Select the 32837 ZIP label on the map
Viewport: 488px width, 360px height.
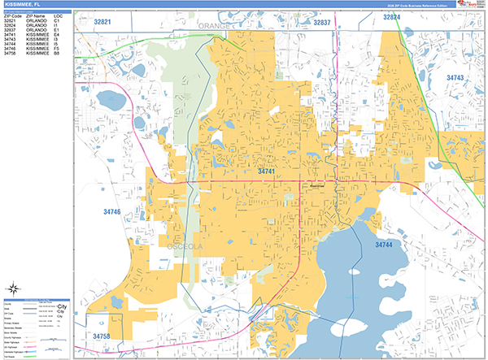322,23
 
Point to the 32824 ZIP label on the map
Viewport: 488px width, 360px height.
392,17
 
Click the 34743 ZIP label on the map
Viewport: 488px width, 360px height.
456,77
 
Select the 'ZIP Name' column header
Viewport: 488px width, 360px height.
35,15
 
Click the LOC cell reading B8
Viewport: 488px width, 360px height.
57,54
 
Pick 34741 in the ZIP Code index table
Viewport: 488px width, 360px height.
12,35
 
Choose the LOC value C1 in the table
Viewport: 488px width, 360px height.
57,20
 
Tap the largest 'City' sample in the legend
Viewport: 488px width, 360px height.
61,306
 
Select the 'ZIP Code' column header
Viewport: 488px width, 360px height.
12,15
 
